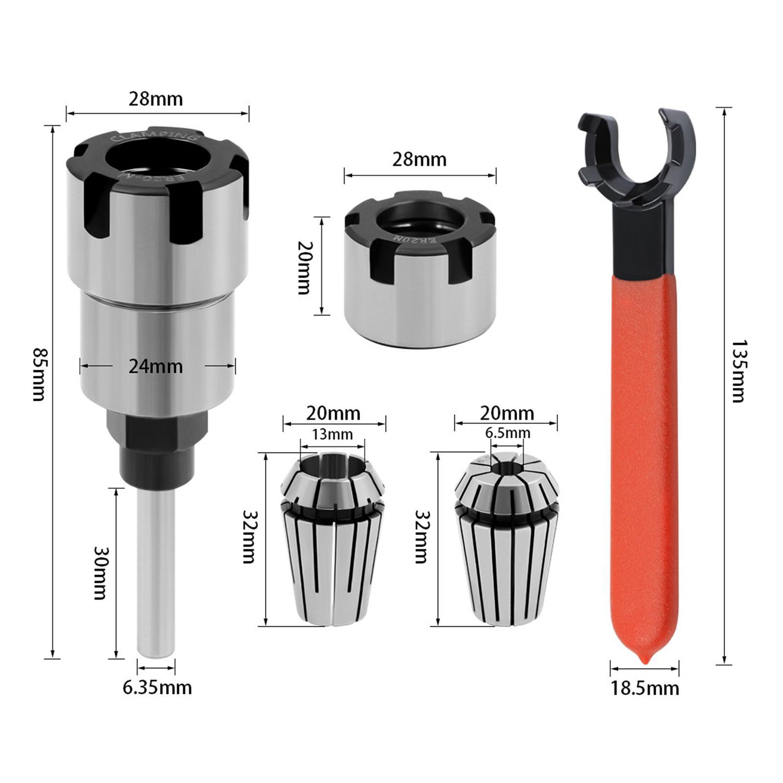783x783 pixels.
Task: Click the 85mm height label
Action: [38, 374]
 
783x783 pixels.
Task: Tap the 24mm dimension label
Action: [156, 366]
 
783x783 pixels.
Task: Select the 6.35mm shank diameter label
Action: [157, 688]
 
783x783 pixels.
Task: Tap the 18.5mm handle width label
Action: [645, 689]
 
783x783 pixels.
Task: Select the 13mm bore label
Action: [332, 434]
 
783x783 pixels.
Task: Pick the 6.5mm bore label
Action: [507, 433]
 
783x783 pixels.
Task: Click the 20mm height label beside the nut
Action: [303, 267]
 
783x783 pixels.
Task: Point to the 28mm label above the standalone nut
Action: [419, 160]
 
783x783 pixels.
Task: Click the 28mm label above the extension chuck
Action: [156, 99]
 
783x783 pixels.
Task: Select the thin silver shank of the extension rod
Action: [156, 573]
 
